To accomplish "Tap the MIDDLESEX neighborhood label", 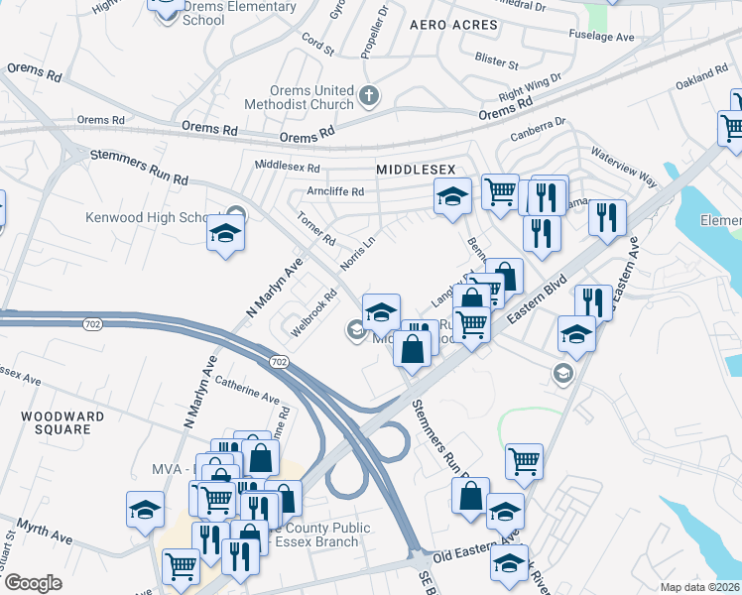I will coord(415,171).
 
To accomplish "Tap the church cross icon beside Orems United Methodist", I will coord(369,97).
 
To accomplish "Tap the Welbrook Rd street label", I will coord(315,298).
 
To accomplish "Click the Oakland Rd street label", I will coord(702,76).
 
